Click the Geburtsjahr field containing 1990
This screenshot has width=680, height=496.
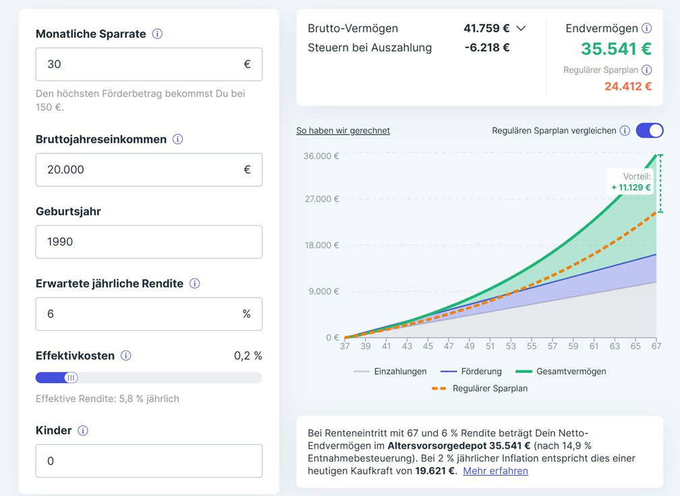(x=148, y=242)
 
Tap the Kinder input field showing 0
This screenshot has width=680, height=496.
(x=148, y=461)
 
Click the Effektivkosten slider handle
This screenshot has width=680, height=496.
(x=71, y=378)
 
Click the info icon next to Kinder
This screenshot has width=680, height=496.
(x=83, y=431)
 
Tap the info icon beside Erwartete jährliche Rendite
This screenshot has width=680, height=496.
(x=194, y=283)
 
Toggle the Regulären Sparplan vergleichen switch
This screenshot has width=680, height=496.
(x=649, y=130)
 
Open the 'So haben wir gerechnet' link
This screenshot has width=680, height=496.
(x=343, y=130)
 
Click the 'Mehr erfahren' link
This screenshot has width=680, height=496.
(x=495, y=471)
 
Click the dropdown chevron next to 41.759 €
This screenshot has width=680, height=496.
(x=521, y=28)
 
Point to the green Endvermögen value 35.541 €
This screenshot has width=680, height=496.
(x=616, y=49)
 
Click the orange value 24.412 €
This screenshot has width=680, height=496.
(x=627, y=86)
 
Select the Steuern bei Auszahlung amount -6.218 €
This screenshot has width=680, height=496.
(x=487, y=47)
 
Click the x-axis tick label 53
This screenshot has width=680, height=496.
(x=511, y=346)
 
